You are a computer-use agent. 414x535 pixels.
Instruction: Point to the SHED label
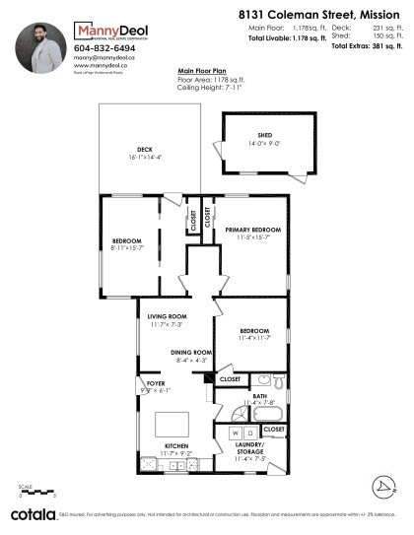pos(265,136)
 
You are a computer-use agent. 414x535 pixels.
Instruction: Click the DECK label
pos(145,149)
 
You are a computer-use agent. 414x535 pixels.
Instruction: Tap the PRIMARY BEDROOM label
pos(253,230)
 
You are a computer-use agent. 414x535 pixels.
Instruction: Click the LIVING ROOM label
pos(166,316)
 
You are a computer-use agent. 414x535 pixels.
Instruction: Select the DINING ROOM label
pos(192,352)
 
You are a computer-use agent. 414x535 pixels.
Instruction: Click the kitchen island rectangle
pos(172,422)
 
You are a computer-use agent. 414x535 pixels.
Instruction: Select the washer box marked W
pos(236,434)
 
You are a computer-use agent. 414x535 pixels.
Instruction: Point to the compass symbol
pos(381,488)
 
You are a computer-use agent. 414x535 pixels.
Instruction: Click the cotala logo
pos(32,514)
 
